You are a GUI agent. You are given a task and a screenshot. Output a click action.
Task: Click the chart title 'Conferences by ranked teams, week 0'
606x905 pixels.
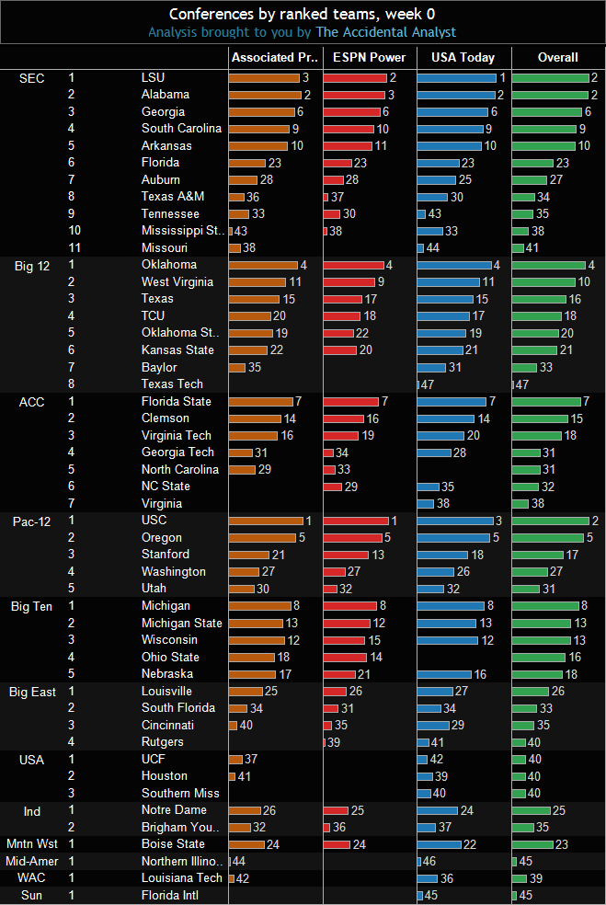(303, 14)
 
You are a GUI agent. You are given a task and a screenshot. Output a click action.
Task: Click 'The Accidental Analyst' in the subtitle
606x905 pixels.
(385, 32)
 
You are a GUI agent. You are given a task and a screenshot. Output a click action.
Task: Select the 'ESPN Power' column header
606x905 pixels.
(369, 57)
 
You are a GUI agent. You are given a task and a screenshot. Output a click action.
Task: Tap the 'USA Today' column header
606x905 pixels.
(463, 57)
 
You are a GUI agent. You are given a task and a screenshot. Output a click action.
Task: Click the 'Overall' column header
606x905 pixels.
(557, 57)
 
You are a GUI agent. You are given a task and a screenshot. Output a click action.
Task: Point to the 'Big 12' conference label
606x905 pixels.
(32, 266)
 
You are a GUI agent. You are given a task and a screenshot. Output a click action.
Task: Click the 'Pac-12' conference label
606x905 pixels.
(32, 521)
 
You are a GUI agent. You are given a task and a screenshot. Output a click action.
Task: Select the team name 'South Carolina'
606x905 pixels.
(181, 129)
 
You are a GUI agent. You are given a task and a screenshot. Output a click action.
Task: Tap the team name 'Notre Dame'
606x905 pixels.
(174, 810)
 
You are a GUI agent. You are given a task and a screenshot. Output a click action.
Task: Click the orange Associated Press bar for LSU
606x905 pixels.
(264, 78)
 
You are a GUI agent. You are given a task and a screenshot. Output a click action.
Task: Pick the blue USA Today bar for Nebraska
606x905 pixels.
(444, 674)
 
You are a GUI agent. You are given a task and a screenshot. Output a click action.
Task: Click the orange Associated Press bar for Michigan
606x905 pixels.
(260, 606)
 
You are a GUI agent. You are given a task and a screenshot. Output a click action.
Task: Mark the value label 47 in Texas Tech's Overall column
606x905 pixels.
(521, 384)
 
